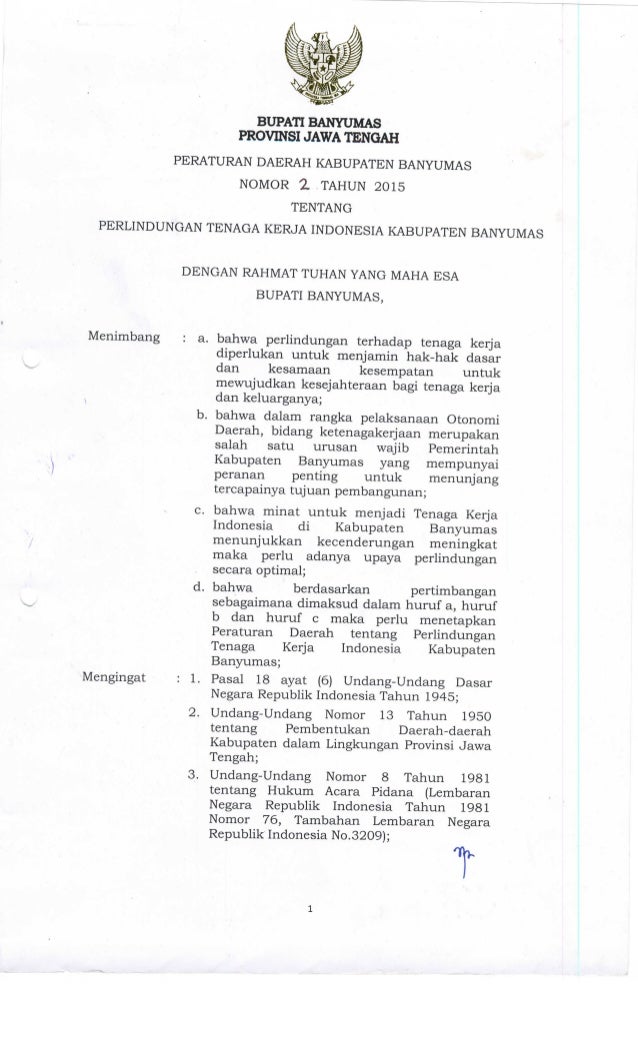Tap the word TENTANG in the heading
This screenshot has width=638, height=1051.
tap(319, 208)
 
